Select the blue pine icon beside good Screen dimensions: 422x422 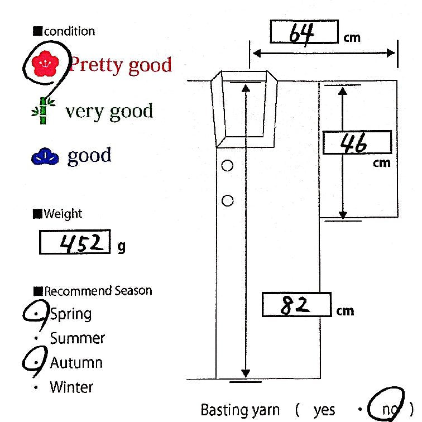(45, 157)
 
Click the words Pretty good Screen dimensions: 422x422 (120, 65)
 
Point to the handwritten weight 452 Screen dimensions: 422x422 (75, 242)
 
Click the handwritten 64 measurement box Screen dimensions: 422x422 (304, 32)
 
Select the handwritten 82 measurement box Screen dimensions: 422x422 (296, 305)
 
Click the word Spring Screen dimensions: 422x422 (71, 314)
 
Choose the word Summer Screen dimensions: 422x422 (77, 338)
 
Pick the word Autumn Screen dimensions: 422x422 (76, 363)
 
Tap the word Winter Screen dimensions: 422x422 (71, 387)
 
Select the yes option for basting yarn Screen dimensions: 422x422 (324, 410)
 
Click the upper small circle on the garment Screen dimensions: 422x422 (227, 165)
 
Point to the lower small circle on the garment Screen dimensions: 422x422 (227, 200)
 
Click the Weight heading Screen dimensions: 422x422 (62, 214)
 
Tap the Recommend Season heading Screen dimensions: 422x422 (97, 291)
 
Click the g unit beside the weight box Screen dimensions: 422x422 (121, 246)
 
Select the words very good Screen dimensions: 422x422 (109, 111)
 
